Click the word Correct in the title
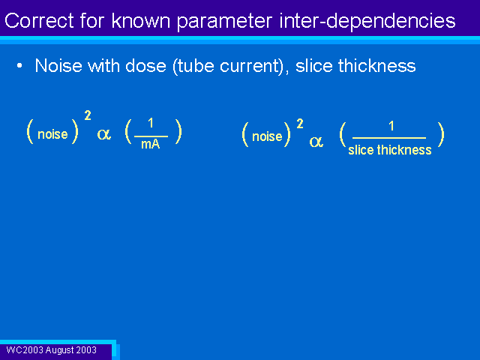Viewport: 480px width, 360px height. pos(39,21)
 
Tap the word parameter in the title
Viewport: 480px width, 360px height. pos(225,22)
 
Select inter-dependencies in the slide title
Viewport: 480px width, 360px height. pos(367,22)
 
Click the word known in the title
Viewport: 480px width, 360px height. pos(140,21)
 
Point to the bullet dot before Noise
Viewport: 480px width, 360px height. pos(19,66)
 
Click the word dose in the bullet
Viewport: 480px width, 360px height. pos(145,66)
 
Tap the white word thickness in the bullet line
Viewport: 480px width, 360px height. pos(376,66)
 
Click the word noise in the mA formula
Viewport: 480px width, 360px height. pos(52,134)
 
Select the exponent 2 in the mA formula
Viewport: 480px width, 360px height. pos(88,115)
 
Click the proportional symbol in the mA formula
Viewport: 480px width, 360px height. pos(103,134)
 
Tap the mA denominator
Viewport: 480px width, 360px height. pos(150,144)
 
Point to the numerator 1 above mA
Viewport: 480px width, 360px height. pos(151,123)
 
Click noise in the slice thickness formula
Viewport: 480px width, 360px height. pos(267,136)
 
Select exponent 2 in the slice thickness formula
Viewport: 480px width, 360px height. pos(300,124)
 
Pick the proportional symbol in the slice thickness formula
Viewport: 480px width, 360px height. pos(316,142)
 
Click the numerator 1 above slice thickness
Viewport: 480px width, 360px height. pos(391,126)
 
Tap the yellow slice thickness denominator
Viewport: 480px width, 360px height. pos(390,150)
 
